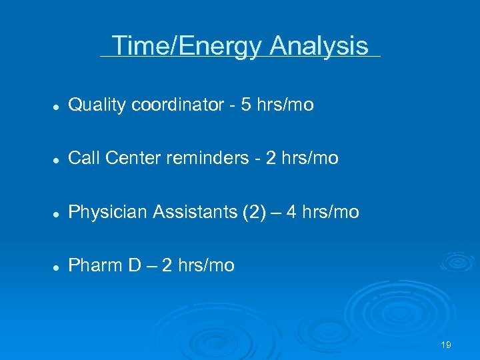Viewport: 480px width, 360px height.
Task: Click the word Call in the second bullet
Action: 84,158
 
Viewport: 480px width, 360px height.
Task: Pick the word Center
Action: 130,158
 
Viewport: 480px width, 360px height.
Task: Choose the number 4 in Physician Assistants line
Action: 293,212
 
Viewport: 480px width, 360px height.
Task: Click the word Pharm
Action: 95,265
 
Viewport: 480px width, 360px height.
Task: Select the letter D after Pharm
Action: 134,265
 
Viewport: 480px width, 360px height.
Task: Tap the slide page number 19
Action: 446,345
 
